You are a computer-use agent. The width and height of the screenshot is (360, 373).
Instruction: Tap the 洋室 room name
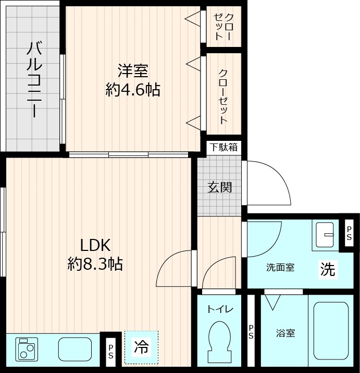tap(132, 71)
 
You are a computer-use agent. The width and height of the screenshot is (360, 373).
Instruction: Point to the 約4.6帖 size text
tap(132, 90)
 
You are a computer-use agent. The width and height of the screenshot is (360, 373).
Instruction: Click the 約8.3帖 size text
tap(95, 264)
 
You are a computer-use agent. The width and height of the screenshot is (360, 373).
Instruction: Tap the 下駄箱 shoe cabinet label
tap(224, 147)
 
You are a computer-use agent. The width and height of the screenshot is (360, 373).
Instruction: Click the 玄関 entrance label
tap(219, 187)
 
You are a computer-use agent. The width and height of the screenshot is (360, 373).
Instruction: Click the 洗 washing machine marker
tap(328, 269)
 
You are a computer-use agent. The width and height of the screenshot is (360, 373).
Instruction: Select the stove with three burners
tap(26, 348)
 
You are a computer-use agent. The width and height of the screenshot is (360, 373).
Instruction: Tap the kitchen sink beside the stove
tap(75, 348)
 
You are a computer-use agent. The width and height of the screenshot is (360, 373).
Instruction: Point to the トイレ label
tap(220, 309)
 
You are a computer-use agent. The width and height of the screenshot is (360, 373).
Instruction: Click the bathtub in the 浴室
tap(331, 330)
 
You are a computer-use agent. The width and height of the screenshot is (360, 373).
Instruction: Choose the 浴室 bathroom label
tap(285, 333)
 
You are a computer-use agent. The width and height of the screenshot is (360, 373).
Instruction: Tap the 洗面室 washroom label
tap(280, 268)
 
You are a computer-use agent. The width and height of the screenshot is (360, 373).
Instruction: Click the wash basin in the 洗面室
tap(326, 234)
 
